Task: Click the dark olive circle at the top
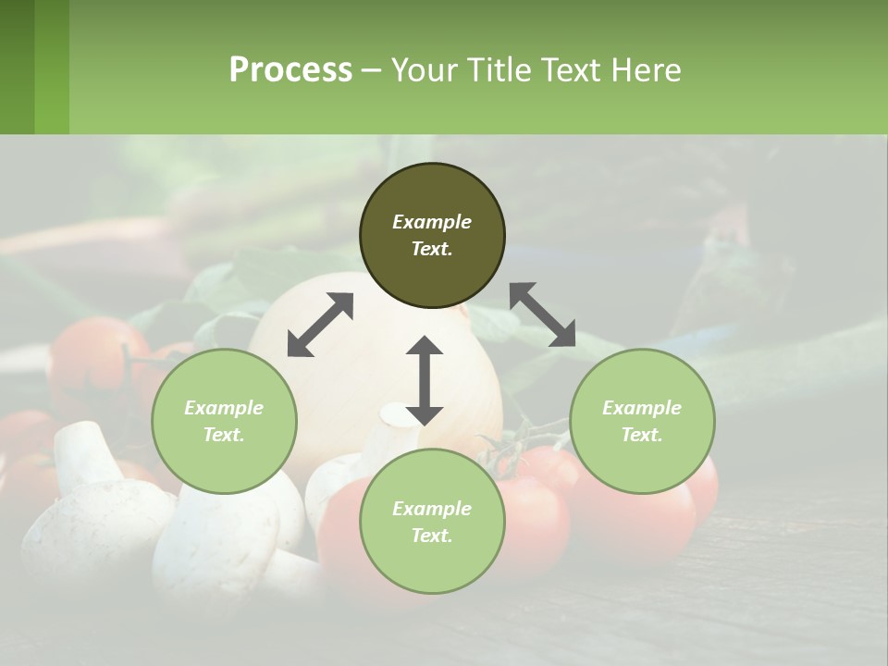[x=432, y=236]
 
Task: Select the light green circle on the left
[x=224, y=421]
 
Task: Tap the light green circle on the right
[x=642, y=421]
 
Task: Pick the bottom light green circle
[x=432, y=522]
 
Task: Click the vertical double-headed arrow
[x=425, y=380]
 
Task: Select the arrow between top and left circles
[x=320, y=325]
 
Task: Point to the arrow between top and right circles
[x=542, y=314]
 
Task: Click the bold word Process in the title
[x=290, y=69]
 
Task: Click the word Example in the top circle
[x=432, y=222]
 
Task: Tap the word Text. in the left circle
[x=224, y=435]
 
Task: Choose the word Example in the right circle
[x=642, y=408]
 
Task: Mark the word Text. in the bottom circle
[x=432, y=536]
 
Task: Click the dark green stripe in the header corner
[x=17, y=67]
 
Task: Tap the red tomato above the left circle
[x=88, y=356]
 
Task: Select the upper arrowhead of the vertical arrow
[x=425, y=348]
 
